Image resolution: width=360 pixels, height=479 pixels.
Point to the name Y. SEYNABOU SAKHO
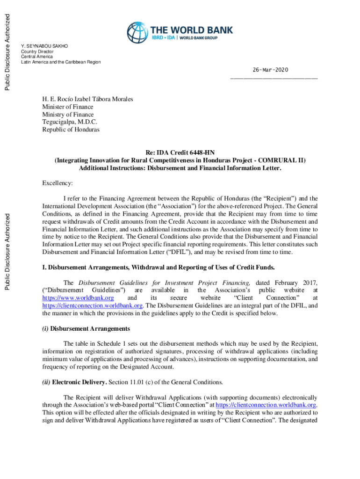[44, 46]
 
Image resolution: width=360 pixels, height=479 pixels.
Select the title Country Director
[37, 51]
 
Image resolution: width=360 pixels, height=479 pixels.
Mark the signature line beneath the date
[274, 78]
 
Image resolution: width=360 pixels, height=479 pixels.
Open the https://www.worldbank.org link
[78, 298]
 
